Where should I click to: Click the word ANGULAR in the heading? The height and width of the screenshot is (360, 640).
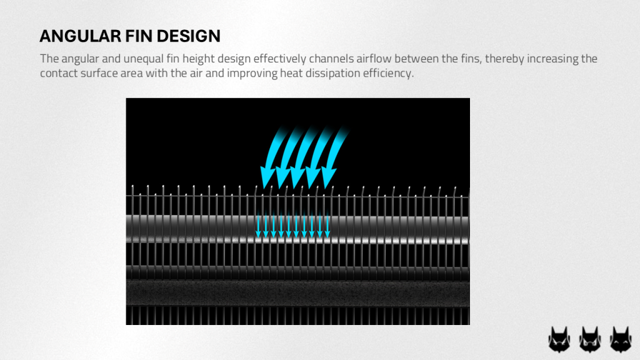pyautogui.click(x=81, y=36)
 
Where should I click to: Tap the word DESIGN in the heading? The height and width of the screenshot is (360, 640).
pyautogui.click(x=189, y=36)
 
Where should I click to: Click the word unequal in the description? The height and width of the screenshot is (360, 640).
pyautogui.click(x=143, y=59)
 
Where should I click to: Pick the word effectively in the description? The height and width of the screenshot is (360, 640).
pyautogui.click(x=279, y=59)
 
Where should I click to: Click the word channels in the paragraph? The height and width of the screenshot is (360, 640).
pyautogui.click(x=331, y=59)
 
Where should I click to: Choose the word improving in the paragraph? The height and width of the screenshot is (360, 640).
pyautogui.click(x=252, y=74)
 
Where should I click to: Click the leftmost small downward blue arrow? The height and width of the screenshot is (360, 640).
pyautogui.click(x=258, y=225)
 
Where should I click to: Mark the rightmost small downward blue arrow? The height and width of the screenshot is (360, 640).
pyautogui.click(x=327, y=225)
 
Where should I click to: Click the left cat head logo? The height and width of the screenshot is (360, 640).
pyautogui.click(x=559, y=339)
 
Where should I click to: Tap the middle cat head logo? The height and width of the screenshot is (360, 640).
pyautogui.click(x=590, y=339)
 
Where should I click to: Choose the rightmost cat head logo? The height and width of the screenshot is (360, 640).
pyautogui.click(x=621, y=339)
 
